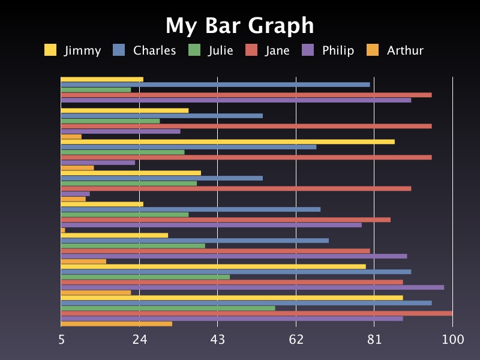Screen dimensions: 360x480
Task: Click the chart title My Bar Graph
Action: [x=240, y=26]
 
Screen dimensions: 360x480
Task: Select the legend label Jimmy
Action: [x=83, y=50]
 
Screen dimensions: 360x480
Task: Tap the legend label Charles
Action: [x=155, y=50]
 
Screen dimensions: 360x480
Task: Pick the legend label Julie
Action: [x=221, y=50]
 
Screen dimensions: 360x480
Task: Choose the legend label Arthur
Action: [x=405, y=50]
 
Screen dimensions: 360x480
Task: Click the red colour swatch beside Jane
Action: [x=251, y=50]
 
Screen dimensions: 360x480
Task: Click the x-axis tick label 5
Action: [x=61, y=340]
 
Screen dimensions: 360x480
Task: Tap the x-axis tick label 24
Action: [x=140, y=340]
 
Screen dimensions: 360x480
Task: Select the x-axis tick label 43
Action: [x=218, y=340]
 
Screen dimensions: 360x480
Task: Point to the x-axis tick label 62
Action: [x=296, y=340]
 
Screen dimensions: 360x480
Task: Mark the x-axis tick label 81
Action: [x=374, y=340]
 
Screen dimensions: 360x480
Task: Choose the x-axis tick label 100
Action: [x=452, y=340]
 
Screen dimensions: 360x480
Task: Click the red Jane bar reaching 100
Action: [x=257, y=313]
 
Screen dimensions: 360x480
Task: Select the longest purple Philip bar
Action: [x=252, y=287]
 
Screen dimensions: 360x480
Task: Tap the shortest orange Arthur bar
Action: [x=63, y=230]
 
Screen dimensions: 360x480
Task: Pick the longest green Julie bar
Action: [x=168, y=308]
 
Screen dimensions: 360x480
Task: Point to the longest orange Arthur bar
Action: [x=116, y=324]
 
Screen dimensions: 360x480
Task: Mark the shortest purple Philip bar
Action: [x=75, y=194]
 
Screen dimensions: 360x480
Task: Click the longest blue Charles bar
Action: [x=246, y=303]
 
